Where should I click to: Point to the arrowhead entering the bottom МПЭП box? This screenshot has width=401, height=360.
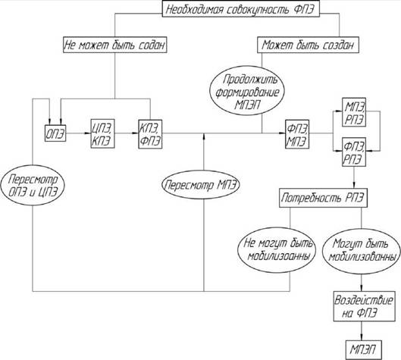(362, 337)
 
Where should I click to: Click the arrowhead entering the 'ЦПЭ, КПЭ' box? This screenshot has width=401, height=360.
(88, 133)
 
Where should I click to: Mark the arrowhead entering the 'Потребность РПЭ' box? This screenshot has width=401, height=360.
(355, 186)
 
